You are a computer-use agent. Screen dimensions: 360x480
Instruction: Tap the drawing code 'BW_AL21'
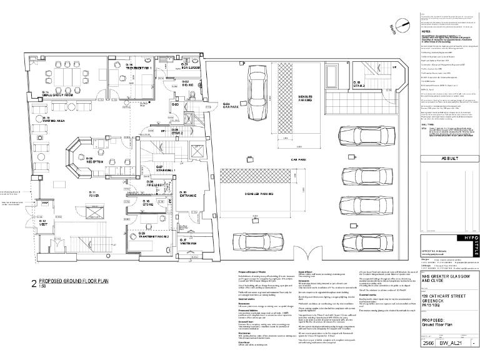(450, 343)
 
